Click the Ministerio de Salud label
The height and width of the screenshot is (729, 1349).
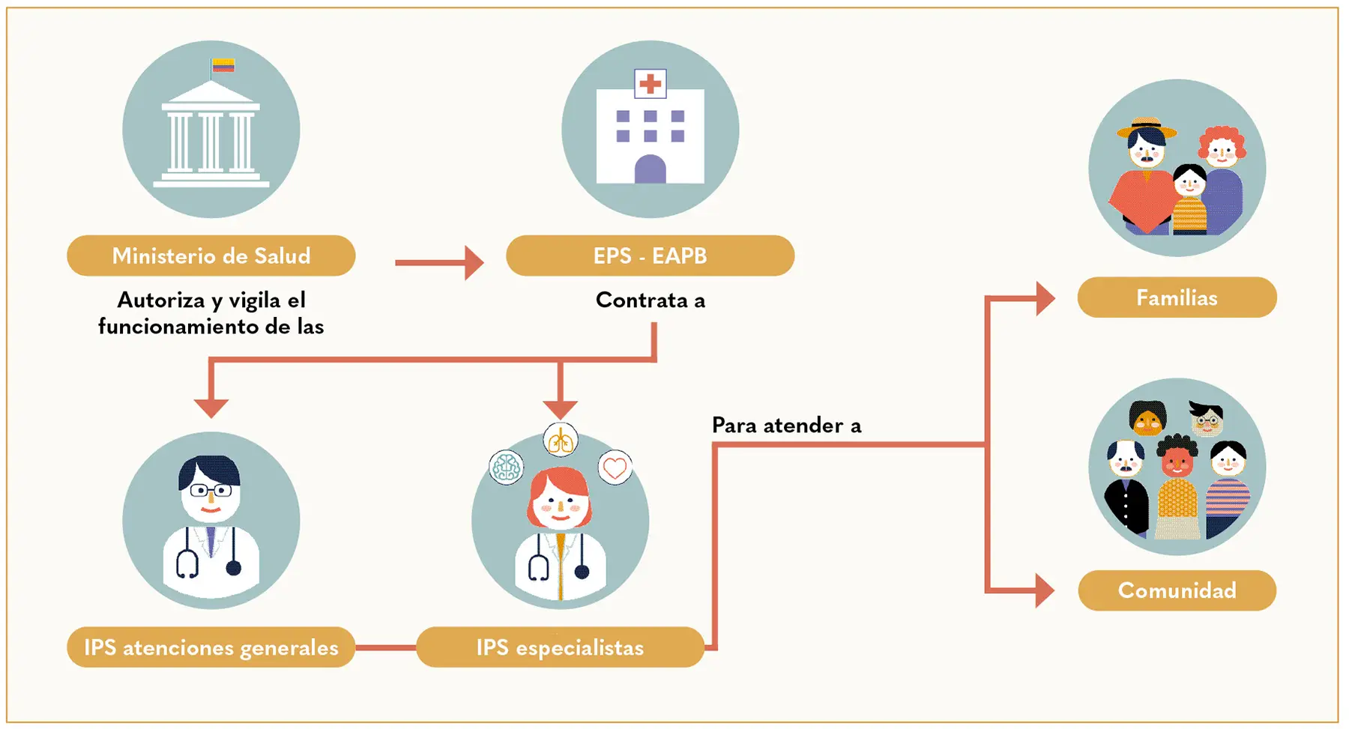(x=211, y=255)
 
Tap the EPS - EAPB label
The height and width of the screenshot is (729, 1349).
(x=650, y=255)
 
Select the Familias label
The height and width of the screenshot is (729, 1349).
(x=1177, y=297)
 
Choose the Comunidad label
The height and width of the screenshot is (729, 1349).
(x=1177, y=590)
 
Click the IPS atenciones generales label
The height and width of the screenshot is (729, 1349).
(x=211, y=647)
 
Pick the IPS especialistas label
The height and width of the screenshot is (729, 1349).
(x=560, y=647)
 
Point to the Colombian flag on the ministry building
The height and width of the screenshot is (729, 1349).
(x=223, y=66)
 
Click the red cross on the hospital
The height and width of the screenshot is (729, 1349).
(x=650, y=83)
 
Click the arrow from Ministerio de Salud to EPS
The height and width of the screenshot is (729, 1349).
(x=439, y=262)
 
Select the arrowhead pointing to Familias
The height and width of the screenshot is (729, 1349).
(x=1045, y=299)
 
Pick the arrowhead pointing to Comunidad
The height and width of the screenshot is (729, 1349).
(x=1045, y=590)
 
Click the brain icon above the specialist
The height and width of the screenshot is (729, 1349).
(x=506, y=468)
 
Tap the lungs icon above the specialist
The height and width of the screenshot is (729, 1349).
(x=561, y=440)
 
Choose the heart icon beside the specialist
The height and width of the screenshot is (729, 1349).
(x=615, y=468)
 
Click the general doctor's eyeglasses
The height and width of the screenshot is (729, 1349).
(x=211, y=491)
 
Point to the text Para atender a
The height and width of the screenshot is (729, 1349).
(x=786, y=426)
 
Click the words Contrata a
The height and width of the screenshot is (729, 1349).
(x=650, y=300)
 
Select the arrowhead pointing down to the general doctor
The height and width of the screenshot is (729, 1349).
(x=211, y=407)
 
